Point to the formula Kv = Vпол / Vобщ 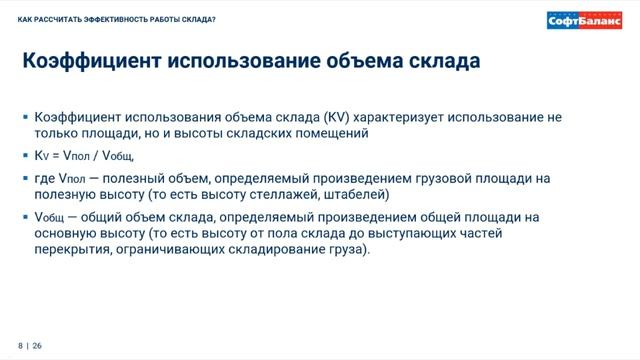(x=84, y=156)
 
